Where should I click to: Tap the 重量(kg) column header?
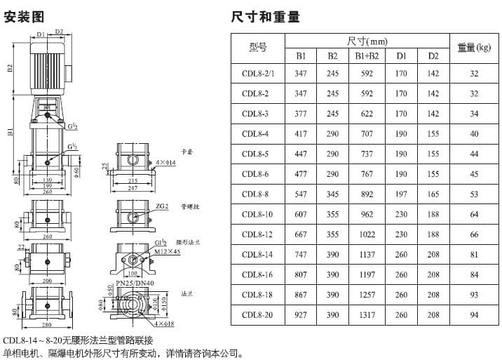click(474, 48)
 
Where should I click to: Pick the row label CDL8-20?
click(257, 315)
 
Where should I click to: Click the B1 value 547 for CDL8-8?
click(300, 194)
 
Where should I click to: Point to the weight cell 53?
click(474, 194)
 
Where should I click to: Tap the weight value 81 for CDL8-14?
click(474, 255)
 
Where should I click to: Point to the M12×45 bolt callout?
click(167, 251)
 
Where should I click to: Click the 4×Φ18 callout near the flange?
click(166, 324)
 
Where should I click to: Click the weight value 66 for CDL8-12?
click(474, 234)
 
